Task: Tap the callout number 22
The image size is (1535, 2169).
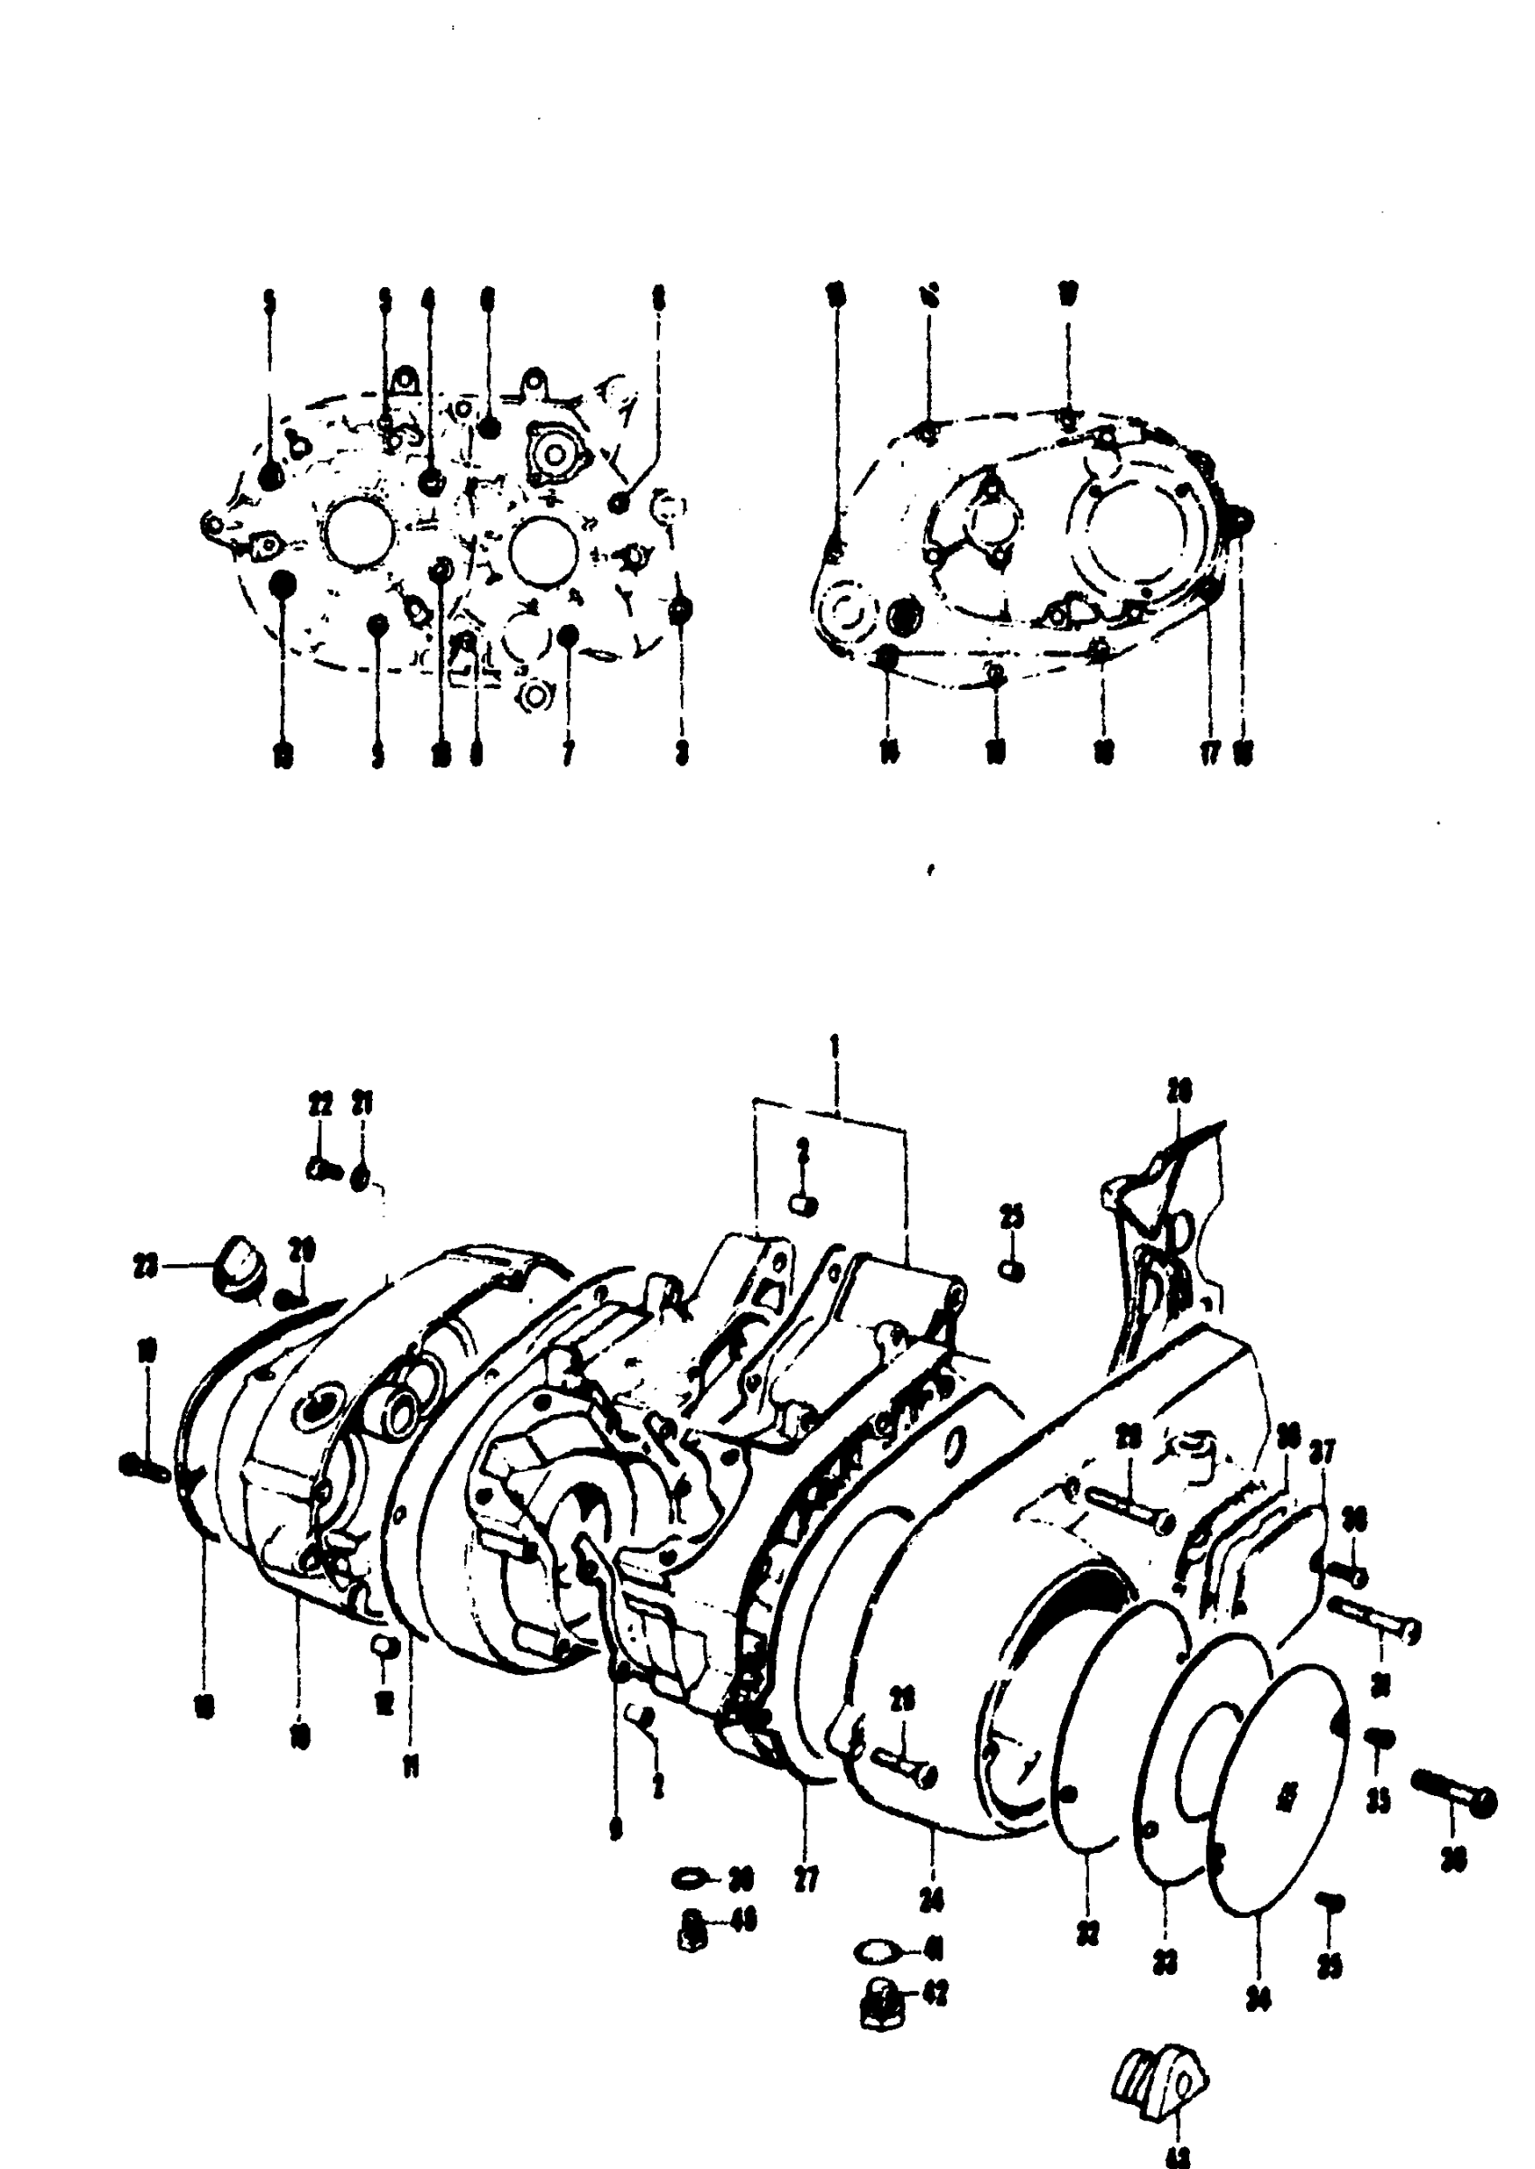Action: [321, 1107]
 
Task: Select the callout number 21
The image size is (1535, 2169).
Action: [363, 1107]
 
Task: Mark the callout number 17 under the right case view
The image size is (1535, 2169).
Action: [1210, 755]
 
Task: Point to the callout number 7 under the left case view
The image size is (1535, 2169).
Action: [567, 755]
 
